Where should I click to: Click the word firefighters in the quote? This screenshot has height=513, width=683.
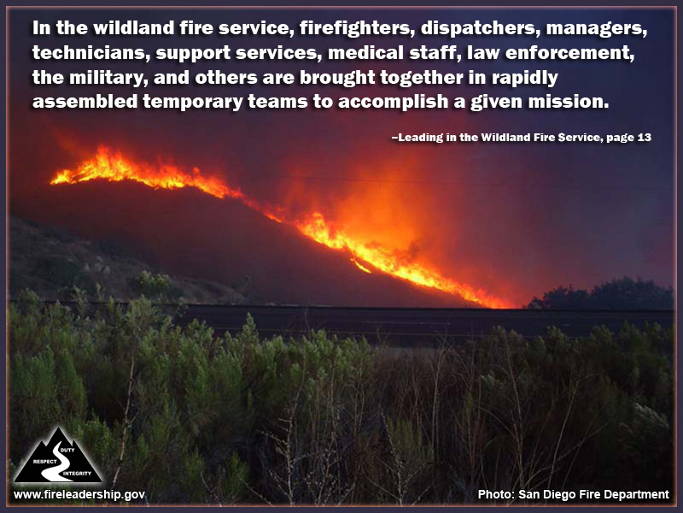click(353, 28)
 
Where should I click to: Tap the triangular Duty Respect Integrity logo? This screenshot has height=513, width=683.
click(58, 456)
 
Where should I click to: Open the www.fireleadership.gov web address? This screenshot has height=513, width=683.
click(79, 494)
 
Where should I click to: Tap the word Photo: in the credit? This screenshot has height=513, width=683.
click(495, 494)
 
